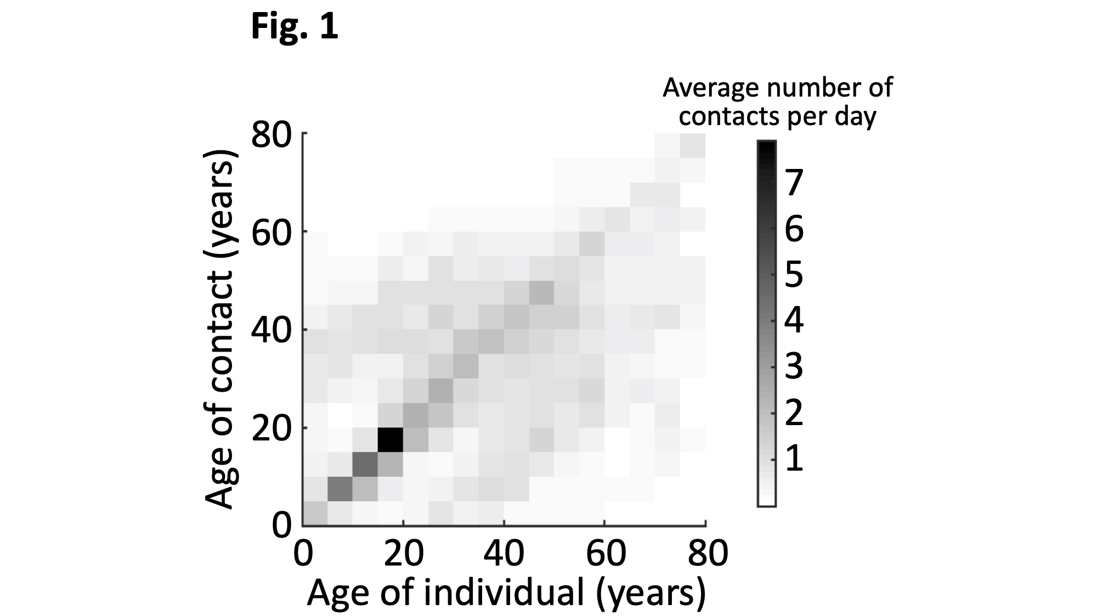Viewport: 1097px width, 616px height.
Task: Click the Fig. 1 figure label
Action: tap(295, 27)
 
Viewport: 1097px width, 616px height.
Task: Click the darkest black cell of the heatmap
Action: tap(391, 439)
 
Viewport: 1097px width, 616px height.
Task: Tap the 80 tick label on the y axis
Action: tap(271, 135)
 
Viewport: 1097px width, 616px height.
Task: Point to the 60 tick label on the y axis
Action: tap(271, 233)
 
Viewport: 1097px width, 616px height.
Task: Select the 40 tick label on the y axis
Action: tap(271, 331)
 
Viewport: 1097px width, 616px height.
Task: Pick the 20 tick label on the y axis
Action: tap(271, 428)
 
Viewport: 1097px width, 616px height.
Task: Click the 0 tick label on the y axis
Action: tap(281, 525)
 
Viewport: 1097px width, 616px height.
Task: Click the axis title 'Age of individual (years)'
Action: tap(506, 593)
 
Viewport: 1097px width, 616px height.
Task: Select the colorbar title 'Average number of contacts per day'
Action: tap(777, 102)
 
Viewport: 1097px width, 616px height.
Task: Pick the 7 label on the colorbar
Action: tap(794, 183)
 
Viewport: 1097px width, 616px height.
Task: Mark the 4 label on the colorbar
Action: tap(794, 320)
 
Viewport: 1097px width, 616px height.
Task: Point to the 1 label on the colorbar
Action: tap(794, 459)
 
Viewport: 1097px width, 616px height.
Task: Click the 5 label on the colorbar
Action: tap(794, 274)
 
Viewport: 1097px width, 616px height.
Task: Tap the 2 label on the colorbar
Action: tap(794, 412)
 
